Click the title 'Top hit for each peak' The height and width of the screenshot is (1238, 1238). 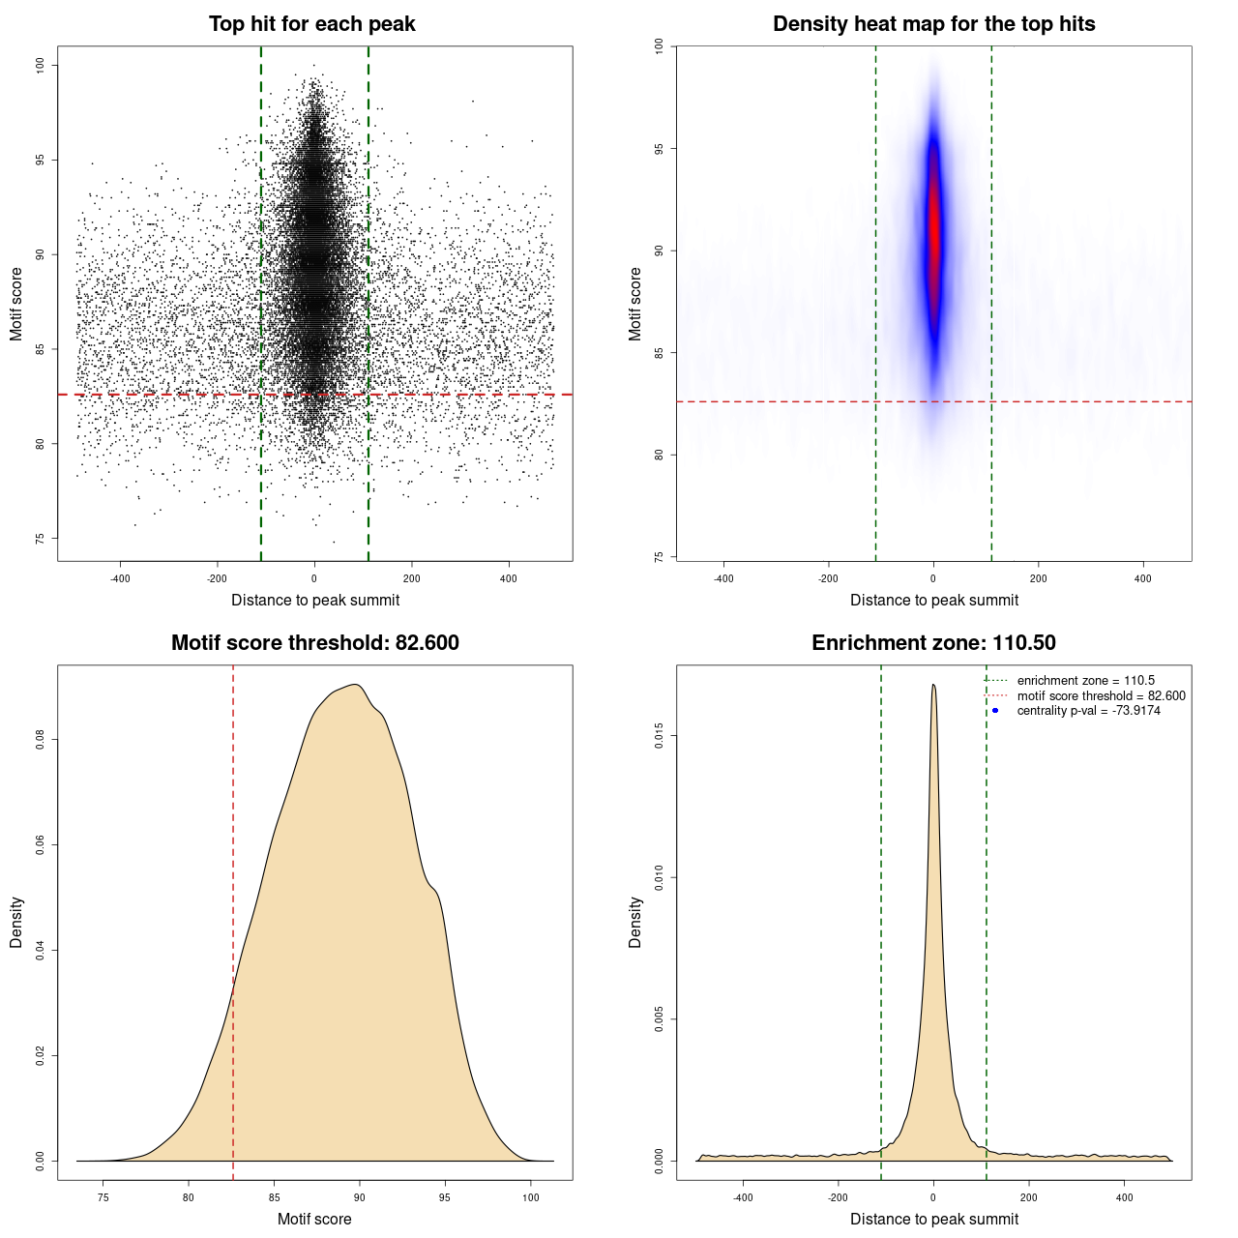coord(311,24)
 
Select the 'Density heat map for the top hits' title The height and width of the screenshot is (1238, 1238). coord(933,24)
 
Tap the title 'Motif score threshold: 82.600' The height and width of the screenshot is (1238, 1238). coord(314,643)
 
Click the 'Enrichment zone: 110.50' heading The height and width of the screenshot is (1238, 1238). coord(933,643)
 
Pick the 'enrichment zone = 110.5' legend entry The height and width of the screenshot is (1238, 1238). coord(1085,681)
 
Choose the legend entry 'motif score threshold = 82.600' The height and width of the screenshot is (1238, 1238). coord(1101,695)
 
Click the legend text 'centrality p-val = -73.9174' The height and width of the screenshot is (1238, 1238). coord(1088,711)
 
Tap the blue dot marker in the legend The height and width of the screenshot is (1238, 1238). coord(995,711)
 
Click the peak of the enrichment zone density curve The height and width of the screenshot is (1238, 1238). coord(933,685)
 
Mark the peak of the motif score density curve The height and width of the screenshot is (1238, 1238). coord(357,685)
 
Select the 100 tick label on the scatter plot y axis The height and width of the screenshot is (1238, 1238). coord(41,65)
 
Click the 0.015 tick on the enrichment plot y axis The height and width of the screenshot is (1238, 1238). coord(660,737)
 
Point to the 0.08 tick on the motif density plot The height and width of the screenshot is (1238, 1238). coord(41,740)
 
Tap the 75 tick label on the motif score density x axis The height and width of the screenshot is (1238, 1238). coord(103,1197)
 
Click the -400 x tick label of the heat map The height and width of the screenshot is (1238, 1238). coord(723,578)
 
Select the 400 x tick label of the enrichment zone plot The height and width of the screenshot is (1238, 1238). coord(1124,1197)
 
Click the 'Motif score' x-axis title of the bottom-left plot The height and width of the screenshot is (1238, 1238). coord(314,1219)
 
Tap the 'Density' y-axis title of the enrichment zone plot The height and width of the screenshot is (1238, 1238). coord(635,922)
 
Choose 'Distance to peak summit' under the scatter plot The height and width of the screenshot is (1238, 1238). coord(315,600)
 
